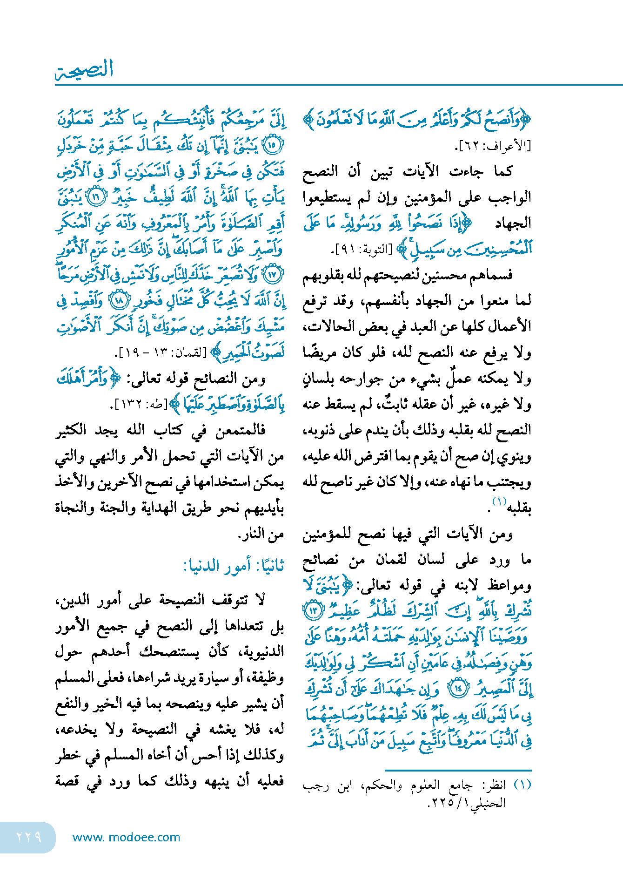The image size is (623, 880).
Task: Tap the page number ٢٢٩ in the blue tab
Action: [29, 837]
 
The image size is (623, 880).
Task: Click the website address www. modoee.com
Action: [126, 837]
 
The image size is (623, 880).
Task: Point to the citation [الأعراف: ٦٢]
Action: [493, 146]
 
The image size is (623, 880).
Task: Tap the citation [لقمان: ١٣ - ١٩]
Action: [162, 352]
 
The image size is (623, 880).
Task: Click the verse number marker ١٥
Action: [273, 145]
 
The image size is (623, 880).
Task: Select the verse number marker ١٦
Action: [96, 197]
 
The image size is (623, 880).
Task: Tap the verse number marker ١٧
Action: [273, 275]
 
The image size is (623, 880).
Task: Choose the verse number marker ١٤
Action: [459, 688]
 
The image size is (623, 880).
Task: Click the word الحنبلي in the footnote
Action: [488, 803]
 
